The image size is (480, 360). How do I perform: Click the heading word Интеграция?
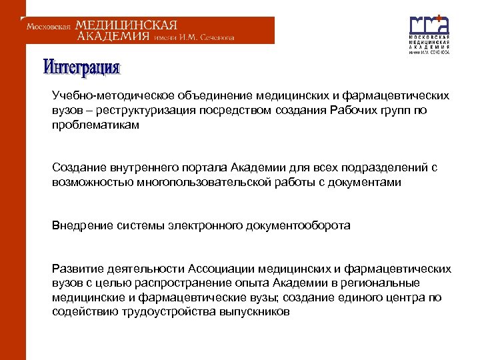pyautogui.click(x=82, y=67)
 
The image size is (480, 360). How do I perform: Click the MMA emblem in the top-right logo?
pyautogui.click(x=429, y=25)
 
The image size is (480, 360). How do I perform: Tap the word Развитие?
pyautogui.click(x=75, y=269)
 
